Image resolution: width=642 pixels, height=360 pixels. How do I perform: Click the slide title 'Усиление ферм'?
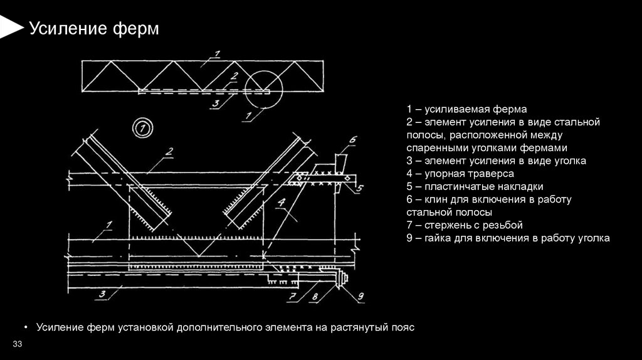pos(94,29)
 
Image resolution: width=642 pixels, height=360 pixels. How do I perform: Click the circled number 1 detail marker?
pos(142,129)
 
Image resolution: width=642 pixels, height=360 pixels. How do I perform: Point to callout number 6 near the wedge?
pos(352,139)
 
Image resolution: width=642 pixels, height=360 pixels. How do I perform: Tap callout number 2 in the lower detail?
pos(169,151)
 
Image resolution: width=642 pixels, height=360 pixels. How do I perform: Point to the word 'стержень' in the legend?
pos(445,225)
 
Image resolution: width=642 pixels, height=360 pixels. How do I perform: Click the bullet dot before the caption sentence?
pos(26,328)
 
